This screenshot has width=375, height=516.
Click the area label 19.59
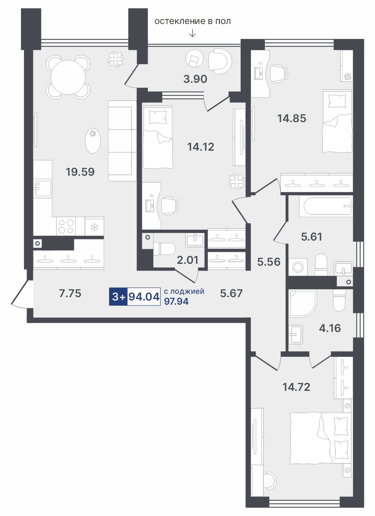pyautogui.click(x=80, y=172)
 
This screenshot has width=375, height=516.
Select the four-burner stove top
pyautogui.click(x=66, y=226)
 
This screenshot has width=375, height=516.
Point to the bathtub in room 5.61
pyautogui.click(x=326, y=206)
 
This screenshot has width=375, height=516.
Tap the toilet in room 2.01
pyautogui.click(x=165, y=249)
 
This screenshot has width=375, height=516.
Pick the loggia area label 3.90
pyautogui.click(x=195, y=79)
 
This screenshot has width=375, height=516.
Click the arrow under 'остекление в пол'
pyautogui.click(x=192, y=34)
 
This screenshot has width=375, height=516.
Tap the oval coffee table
pyautogui.click(x=93, y=141)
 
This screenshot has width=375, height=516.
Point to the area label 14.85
pyautogui.click(x=292, y=118)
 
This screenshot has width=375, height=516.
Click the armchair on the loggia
pyautogui.click(x=219, y=60)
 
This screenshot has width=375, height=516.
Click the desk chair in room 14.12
pyautogui.click(x=169, y=206)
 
